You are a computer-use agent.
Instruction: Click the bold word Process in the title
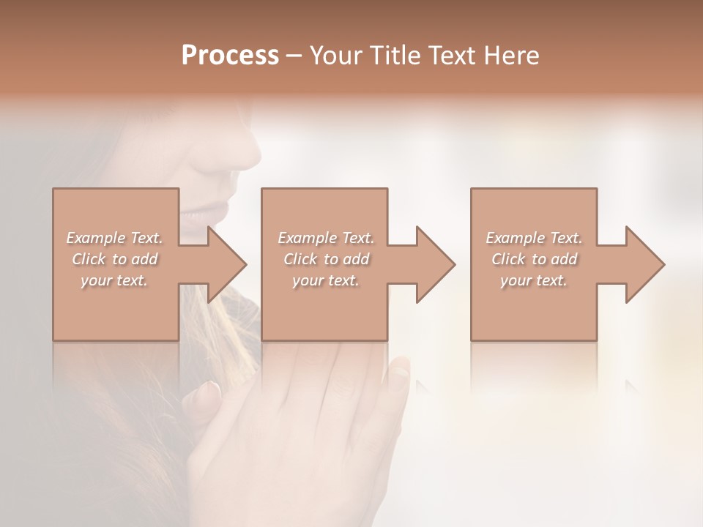(x=230, y=55)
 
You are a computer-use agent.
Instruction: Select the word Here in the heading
(x=512, y=55)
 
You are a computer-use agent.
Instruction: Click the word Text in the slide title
(x=451, y=55)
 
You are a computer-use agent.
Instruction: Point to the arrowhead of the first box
(x=227, y=264)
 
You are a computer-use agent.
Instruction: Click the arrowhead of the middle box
(x=435, y=264)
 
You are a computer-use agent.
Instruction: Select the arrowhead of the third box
(x=644, y=264)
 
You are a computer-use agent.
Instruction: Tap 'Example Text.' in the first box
(x=114, y=238)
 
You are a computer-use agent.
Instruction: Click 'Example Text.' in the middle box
(x=326, y=238)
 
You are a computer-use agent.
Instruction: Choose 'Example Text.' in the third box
(x=534, y=238)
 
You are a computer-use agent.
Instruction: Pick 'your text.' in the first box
(x=114, y=280)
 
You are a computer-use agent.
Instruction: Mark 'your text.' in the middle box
(x=326, y=280)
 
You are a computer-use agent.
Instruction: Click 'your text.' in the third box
(x=534, y=280)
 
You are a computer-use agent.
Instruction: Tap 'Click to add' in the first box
(x=114, y=259)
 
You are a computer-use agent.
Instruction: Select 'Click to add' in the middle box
(x=326, y=259)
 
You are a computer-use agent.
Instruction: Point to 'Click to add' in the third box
(x=534, y=259)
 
